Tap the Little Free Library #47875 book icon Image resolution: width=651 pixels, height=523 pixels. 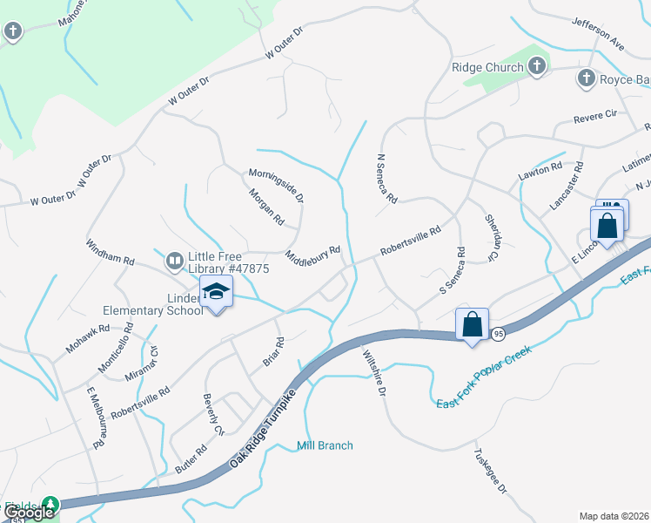pos(174,260)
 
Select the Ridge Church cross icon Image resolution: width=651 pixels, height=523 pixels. pos(537,66)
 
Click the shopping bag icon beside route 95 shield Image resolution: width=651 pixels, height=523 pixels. pos(472,324)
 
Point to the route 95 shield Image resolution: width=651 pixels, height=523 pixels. pos(498,334)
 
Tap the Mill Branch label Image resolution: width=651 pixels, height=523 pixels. pos(325,445)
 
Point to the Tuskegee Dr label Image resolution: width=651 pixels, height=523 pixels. pos(489,471)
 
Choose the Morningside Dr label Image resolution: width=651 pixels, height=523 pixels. pos(276,186)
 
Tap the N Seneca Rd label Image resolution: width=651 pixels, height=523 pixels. pos(386,179)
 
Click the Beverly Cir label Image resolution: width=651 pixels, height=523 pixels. pos(213,418)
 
